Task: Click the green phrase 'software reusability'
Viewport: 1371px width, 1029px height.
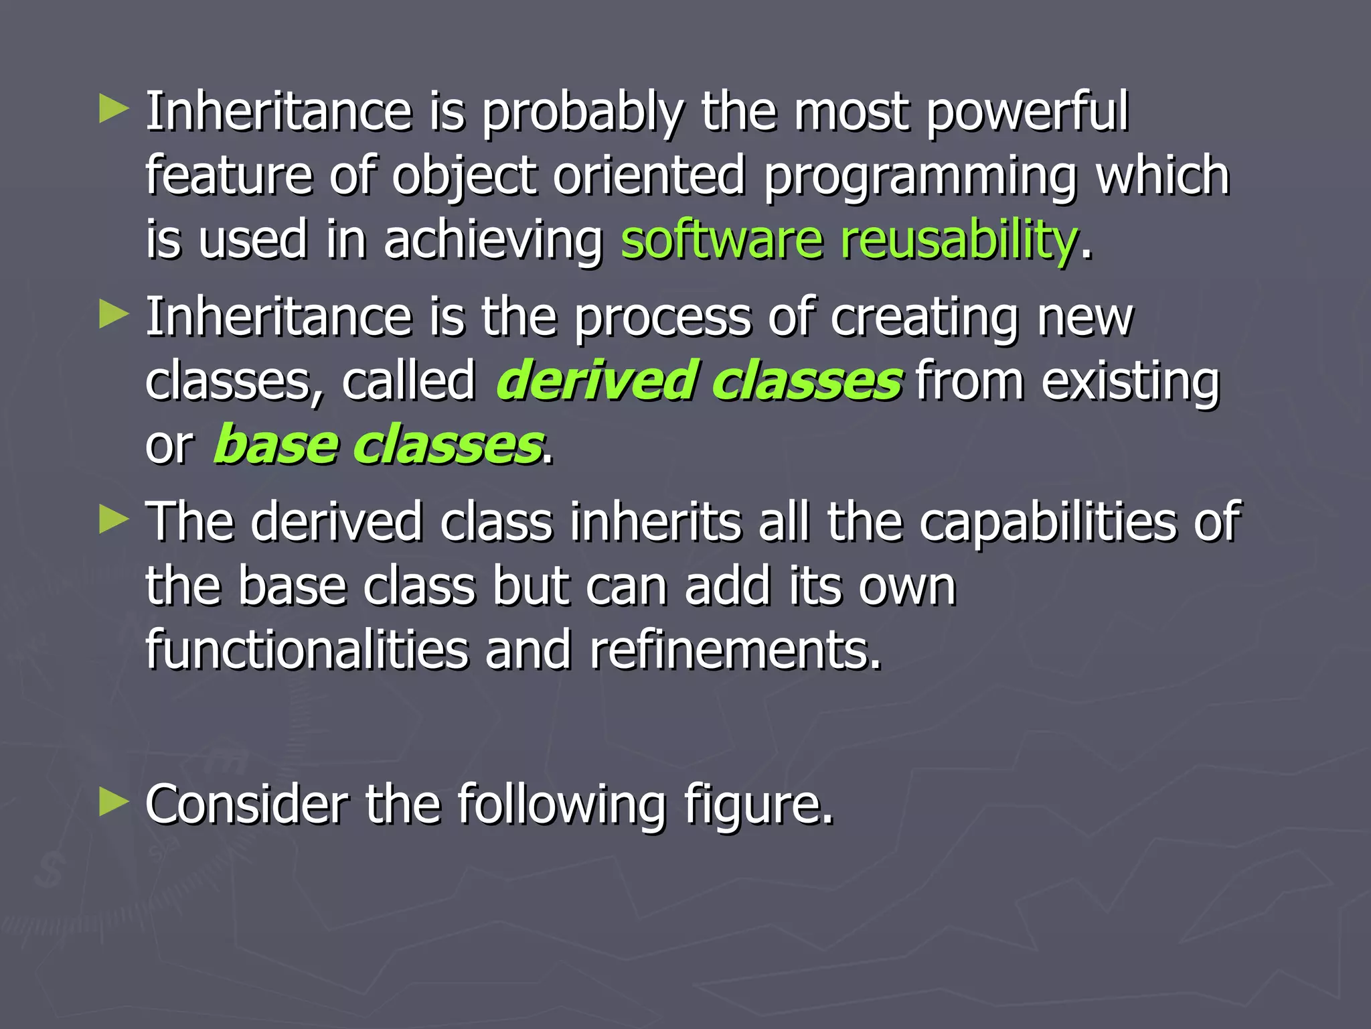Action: point(849,241)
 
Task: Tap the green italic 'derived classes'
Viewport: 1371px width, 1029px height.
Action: point(699,381)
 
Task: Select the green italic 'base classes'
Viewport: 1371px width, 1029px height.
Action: point(378,445)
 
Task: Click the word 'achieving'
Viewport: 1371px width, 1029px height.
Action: point(493,241)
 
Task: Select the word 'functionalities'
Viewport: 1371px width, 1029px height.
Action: point(307,650)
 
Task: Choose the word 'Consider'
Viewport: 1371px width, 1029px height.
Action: point(247,803)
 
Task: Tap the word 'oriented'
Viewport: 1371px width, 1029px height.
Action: point(649,176)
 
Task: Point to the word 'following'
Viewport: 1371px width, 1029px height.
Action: point(561,805)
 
